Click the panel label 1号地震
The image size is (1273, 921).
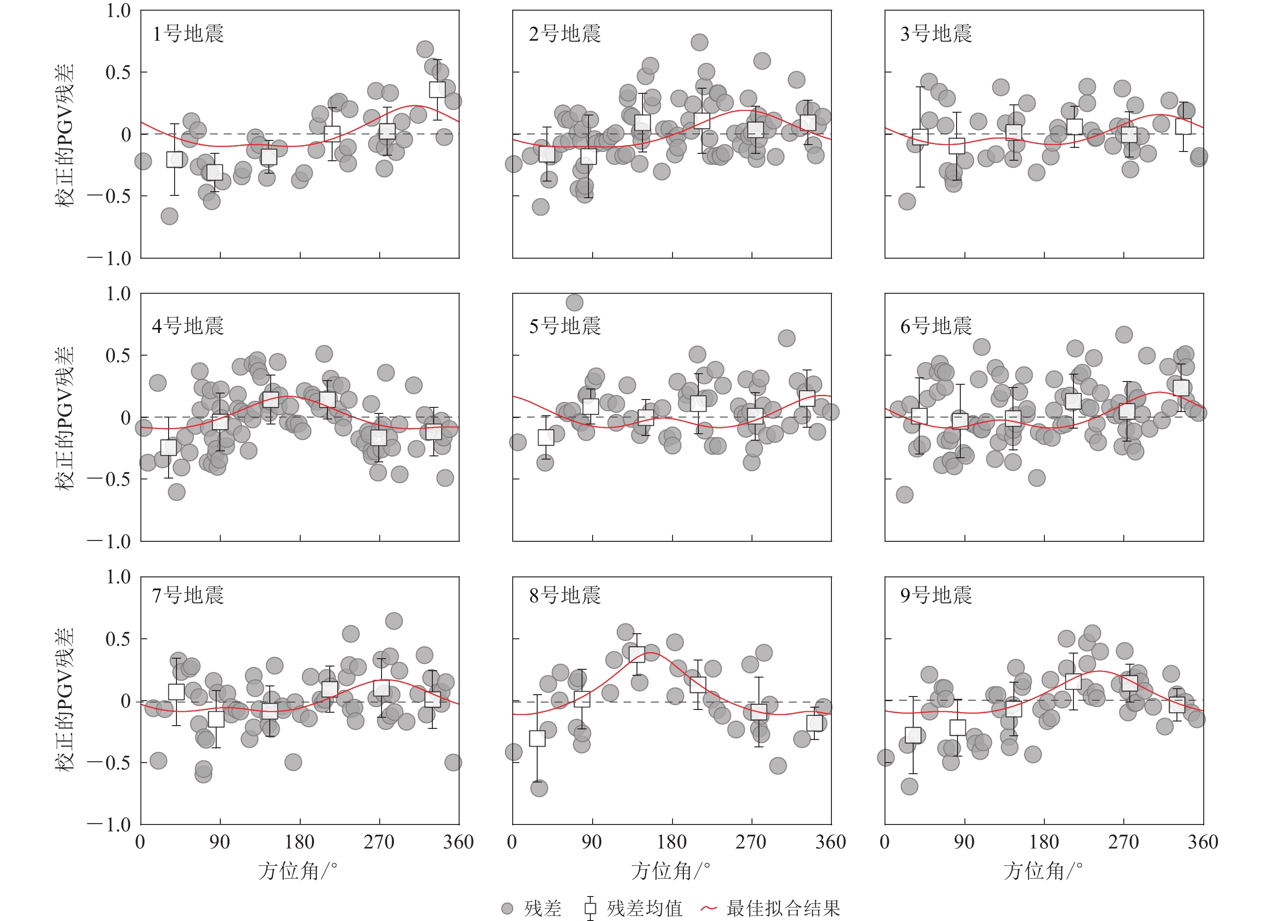188,34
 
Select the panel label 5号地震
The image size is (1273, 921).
564,326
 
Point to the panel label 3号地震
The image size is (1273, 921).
936,34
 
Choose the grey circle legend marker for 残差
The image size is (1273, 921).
508,908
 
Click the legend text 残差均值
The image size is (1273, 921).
644,908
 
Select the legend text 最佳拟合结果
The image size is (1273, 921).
783,908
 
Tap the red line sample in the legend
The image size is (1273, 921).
709,908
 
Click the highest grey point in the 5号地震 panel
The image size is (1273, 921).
574,303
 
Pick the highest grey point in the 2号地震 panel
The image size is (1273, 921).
699,42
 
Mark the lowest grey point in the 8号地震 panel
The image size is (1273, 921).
539,788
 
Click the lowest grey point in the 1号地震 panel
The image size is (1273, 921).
170,216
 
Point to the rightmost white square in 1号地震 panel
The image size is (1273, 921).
437,89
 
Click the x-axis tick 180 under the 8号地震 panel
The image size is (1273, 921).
672,842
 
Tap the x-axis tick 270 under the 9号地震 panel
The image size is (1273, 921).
1124,842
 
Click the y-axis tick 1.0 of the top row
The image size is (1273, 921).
118,11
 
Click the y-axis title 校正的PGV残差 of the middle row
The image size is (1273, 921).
65,418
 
